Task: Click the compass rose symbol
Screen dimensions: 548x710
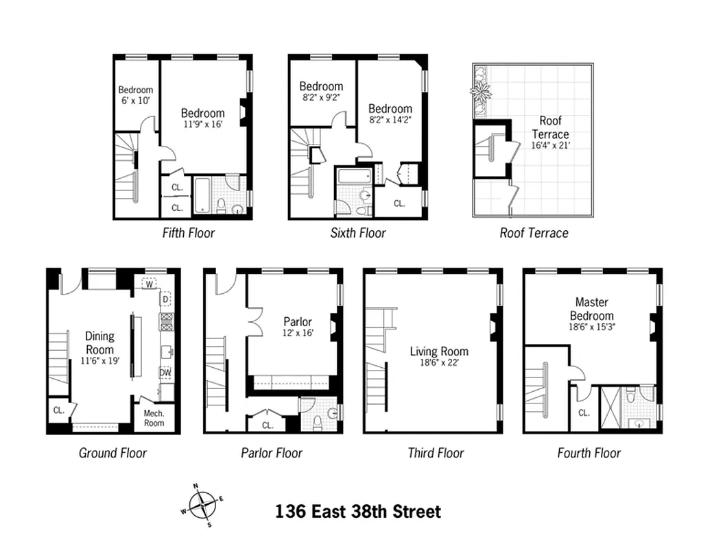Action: point(202,506)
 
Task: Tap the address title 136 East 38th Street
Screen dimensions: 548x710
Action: point(357,512)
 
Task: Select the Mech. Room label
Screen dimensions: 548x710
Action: point(154,418)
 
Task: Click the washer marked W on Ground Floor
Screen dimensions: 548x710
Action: point(150,282)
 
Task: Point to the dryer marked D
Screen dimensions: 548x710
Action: point(165,299)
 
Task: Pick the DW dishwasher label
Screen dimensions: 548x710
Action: point(165,373)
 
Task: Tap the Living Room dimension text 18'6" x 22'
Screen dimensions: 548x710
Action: point(439,362)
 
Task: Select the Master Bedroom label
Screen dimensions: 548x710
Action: point(591,308)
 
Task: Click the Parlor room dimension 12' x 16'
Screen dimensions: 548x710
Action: point(297,333)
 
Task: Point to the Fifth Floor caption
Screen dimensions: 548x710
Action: point(188,233)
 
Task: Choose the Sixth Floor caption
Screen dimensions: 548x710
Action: point(358,233)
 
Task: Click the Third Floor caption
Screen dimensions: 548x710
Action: point(436,453)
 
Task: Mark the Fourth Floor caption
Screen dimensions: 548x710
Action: point(589,453)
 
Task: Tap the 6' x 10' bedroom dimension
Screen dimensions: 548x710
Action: point(135,101)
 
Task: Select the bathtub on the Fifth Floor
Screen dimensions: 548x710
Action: point(203,197)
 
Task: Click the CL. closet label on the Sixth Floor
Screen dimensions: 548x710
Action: point(399,203)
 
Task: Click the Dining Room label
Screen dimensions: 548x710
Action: point(99,342)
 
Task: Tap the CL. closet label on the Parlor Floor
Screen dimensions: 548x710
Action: point(268,425)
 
